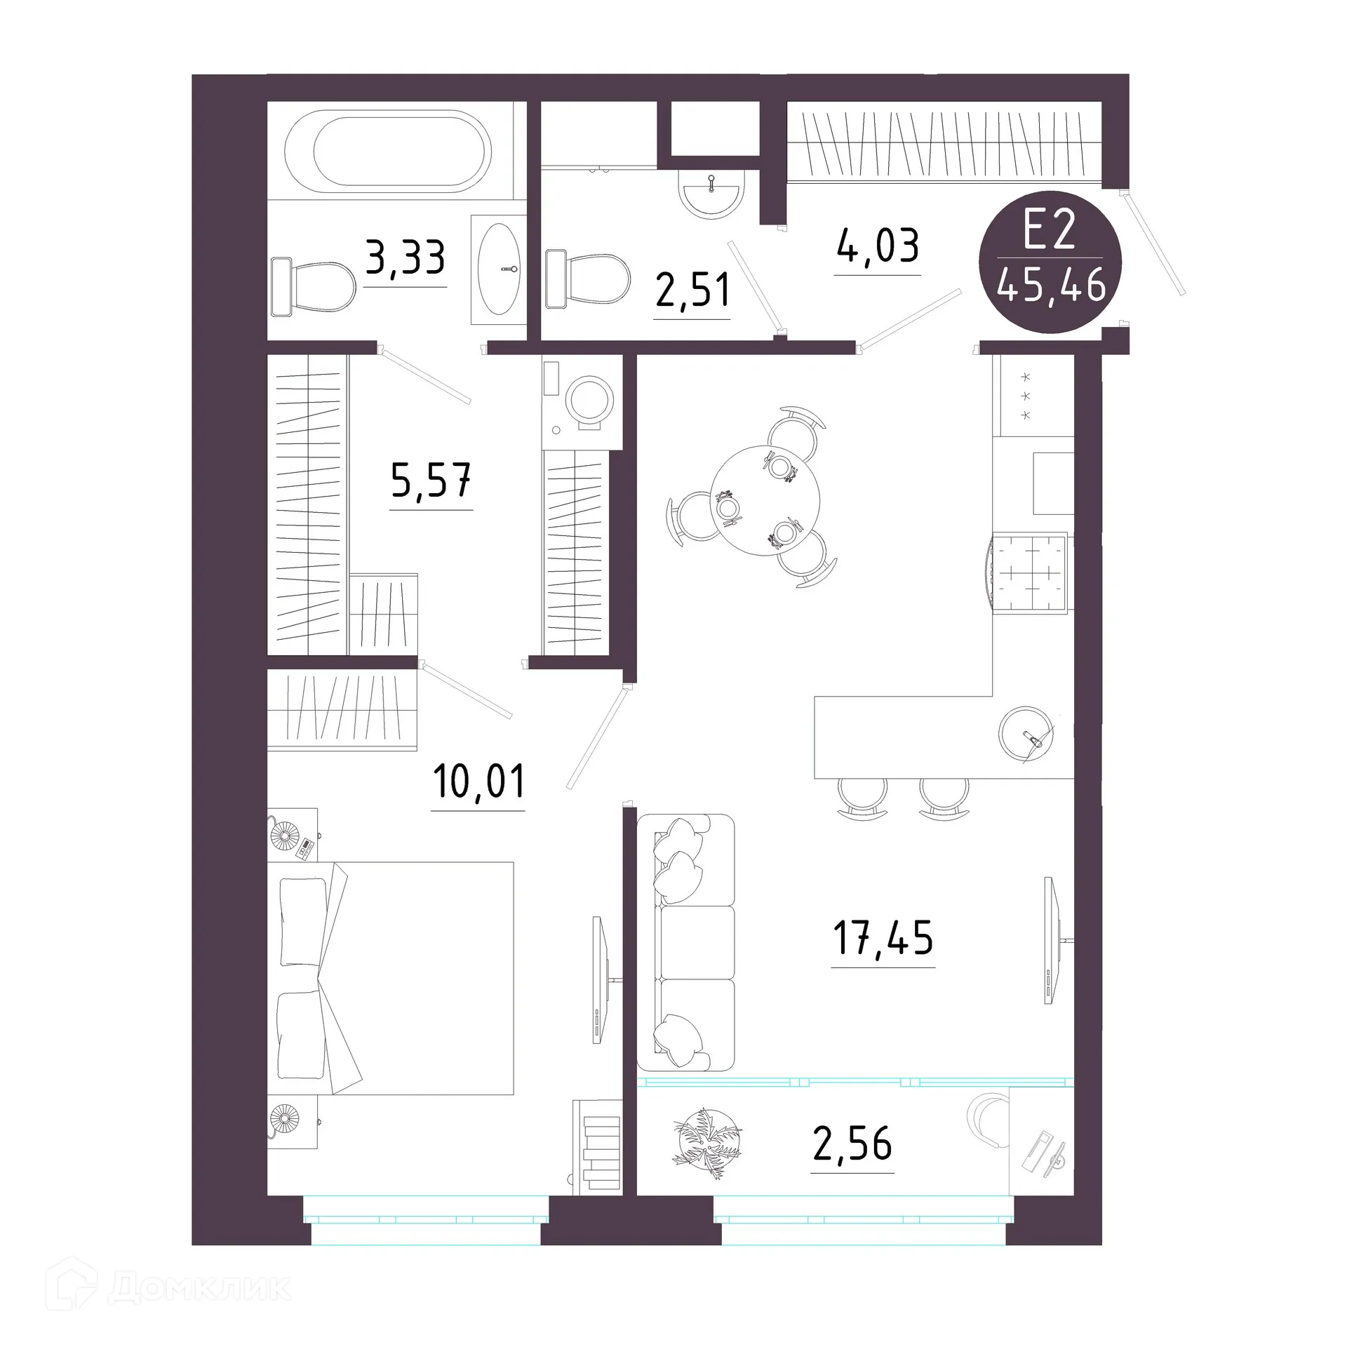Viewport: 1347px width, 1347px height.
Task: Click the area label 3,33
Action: [x=406, y=259]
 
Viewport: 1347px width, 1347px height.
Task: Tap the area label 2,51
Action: [x=692, y=291]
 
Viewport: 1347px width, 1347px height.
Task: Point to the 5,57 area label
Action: [x=431, y=481]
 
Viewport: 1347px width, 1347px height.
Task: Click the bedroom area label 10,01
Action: [x=479, y=782]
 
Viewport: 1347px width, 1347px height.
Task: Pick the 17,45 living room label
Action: [x=883, y=938]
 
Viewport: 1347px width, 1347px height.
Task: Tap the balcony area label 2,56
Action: [x=852, y=1144]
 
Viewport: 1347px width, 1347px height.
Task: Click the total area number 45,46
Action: [x=1051, y=286]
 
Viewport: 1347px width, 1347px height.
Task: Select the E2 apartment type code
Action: [x=1050, y=232]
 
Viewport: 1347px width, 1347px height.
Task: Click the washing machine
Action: [x=582, y=403]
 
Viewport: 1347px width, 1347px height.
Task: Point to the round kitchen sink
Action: [x=1026, y=733]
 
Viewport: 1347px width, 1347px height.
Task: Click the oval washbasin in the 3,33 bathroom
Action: [x=499, y=269]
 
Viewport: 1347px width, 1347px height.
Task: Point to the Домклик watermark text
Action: [x=200, y=1287]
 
